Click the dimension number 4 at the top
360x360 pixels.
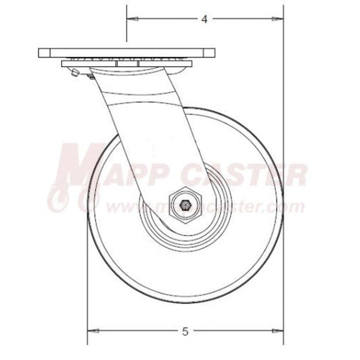pos(204,19)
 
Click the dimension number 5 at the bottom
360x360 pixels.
pos(185,331)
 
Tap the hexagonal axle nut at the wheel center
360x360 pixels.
pos(186,205)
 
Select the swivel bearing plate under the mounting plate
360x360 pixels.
pos(126,64)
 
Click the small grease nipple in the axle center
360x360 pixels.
pos(186,205)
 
